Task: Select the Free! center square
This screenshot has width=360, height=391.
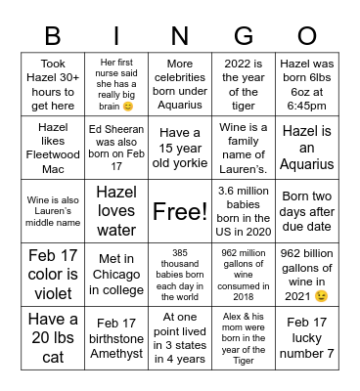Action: coord(180,210)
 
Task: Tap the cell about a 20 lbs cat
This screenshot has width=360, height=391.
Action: coord(52,337)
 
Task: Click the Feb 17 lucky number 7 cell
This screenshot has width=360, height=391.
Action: coord(307,337)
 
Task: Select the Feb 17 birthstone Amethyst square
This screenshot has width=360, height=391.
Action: coord(116,337)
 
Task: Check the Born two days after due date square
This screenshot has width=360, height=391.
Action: coord(307,210)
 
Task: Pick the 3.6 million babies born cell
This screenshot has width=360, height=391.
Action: coord(244,210)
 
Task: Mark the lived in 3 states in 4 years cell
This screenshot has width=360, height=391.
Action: coord(180,337)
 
